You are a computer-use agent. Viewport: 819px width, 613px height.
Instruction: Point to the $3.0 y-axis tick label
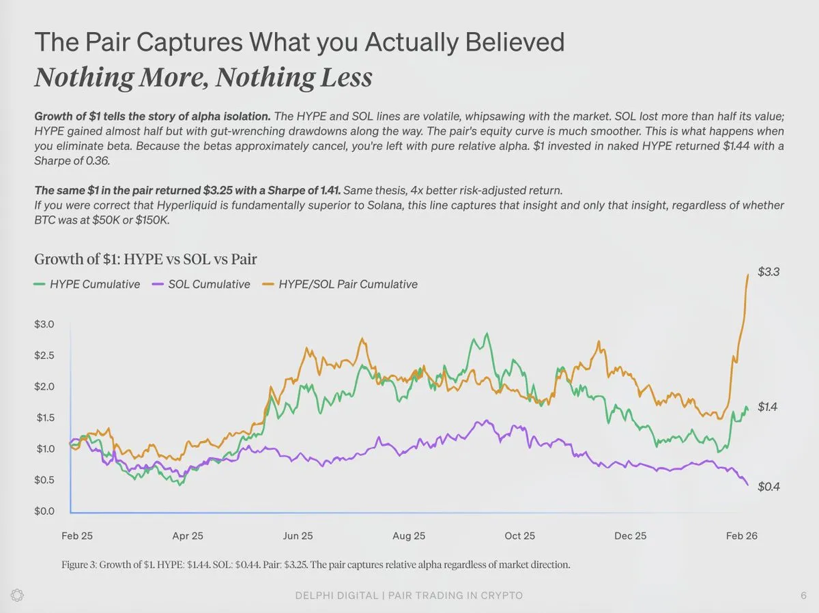click(45, 324)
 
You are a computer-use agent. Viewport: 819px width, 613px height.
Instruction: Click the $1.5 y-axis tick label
click(45, 417)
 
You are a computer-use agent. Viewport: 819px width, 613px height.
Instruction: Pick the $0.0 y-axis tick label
click(45, 511)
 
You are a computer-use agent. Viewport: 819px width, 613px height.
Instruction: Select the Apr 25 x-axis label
click(188, 536)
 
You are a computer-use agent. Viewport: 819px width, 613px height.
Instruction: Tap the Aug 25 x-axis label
click(409, 536)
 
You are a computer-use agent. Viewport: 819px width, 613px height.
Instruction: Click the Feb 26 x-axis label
click(741, 536)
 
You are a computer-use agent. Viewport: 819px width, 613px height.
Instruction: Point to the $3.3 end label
click(768, 272)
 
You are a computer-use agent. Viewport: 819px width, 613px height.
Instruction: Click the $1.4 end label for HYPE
click(768, 407)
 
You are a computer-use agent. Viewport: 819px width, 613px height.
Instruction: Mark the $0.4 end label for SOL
click(768, 487)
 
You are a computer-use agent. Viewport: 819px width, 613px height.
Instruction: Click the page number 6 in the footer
click(803, 595)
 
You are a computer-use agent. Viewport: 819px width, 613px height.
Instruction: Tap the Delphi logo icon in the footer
click(18, 595)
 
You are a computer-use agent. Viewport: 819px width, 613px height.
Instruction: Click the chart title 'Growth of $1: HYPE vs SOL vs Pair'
click(145, 259)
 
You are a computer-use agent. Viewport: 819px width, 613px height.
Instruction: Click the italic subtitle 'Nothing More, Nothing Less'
click(203, 77)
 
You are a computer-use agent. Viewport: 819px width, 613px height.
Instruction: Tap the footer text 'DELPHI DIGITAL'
click(336, 595)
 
